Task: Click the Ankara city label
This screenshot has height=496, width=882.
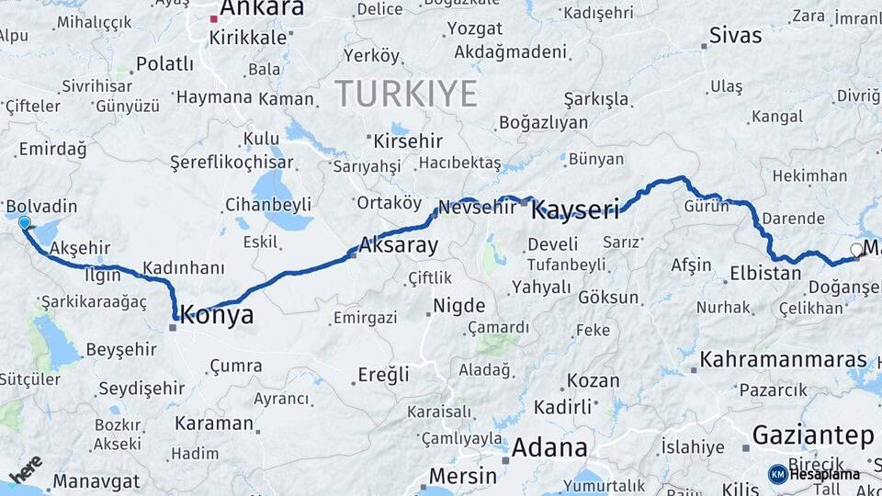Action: click(262, 9)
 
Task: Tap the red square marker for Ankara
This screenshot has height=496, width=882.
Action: click(213, 17)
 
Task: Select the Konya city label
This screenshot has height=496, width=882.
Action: click(217, 316)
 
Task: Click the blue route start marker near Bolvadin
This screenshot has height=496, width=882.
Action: click(24, 222)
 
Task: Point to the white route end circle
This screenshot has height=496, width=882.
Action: click(856, 249)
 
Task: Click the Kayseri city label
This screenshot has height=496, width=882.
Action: click(575, 210)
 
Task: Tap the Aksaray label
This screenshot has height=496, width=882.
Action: click(398, 245)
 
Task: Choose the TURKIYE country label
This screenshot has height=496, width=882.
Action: click(405, 94)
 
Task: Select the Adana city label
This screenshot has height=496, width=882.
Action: click(548, 448)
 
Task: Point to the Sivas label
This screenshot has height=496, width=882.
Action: click(735, 36)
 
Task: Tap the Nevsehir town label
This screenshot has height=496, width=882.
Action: click(478, 208)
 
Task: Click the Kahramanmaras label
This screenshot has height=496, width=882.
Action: click(783, 359)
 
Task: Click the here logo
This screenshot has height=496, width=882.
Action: click(26, 468)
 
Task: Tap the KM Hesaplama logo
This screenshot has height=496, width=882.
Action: click(814, 474)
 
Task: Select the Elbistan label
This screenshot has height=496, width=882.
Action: click(765, 273)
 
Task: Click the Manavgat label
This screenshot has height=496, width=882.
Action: click(96, 481)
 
